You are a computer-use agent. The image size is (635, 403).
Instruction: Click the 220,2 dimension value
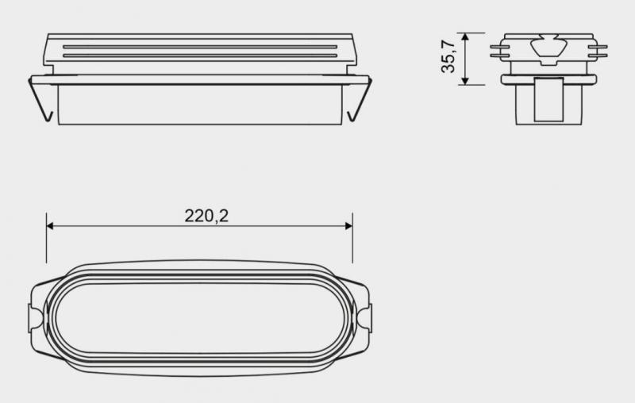pyautogui.click(x=206, y=215)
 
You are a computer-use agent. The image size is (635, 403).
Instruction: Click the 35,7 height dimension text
pyautogui.click(x=450, y=59)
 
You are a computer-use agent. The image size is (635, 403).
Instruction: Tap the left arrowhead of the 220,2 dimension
pyautogui.click(x=51, y=226)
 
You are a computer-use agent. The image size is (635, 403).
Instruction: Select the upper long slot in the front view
pyautogui.click(x=200, y=48)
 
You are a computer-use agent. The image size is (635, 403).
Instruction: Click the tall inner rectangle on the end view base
pyautogui.click(x=547, y=101)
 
